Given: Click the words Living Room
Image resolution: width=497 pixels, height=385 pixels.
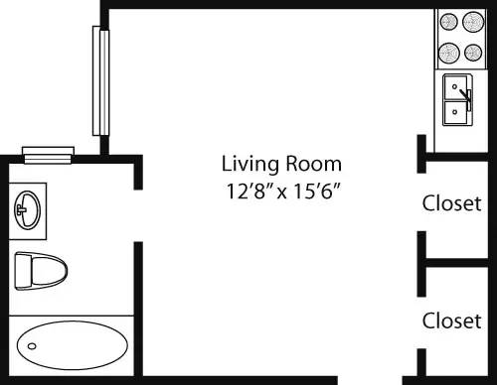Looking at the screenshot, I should click(281, 164).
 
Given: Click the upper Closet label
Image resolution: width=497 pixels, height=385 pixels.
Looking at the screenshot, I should click(452, 204).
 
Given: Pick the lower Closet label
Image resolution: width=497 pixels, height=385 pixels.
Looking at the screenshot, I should click(452, 321).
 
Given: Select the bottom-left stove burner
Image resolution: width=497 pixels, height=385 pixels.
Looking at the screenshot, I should click(447, 52).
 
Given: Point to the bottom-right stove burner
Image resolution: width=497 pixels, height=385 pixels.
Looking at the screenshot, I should click(473, 52).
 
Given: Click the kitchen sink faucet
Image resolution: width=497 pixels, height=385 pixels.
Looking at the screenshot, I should click(465, 96).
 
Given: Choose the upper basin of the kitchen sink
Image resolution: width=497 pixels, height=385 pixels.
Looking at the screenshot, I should click(455, 85).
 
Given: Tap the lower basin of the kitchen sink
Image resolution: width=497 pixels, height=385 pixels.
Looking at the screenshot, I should click(455, 112).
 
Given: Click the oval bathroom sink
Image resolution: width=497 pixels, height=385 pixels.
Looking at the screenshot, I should click(28, 208).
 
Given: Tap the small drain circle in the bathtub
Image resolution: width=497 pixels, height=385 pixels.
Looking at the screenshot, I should click(32, 346).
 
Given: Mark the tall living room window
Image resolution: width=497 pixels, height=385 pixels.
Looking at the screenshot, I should click(98, 81).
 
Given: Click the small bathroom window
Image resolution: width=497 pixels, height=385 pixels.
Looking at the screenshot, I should click(49, 153).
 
